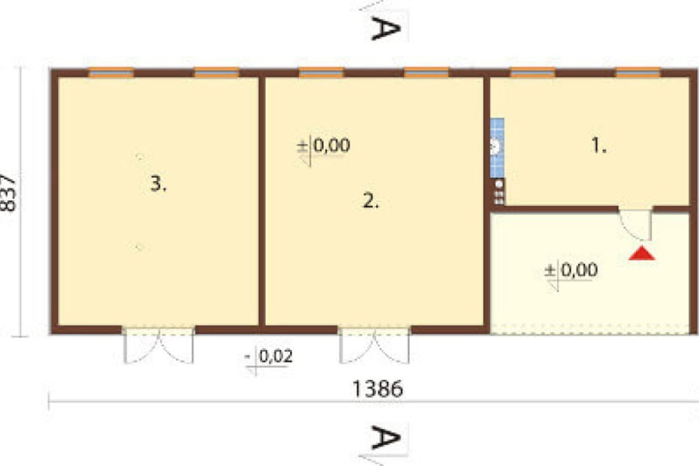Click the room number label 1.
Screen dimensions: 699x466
pos(598,146)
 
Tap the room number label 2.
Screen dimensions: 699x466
pos(370,202)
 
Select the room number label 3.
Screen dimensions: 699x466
pos(158,183)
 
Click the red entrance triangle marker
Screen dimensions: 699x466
pos(642,253)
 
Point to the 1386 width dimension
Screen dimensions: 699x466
pos(377,388)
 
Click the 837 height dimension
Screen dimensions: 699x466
pos(8,192)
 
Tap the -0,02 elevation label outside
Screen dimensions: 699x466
pos(269,357)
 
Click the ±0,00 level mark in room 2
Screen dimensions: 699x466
pos(324,146)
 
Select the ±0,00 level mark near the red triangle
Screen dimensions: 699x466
pos(571,270)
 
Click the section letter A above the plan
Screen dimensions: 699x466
pos(386,29)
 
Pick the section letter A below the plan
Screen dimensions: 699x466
pos(386,437)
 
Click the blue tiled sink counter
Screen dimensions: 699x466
pos(497,148)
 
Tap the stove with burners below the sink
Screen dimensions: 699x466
pos(499,192)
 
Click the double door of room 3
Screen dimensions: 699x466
pos(158,345)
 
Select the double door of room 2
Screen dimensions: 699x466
pos(375,345)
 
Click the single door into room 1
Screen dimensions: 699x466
pos(635,224)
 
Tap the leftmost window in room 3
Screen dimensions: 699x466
pos(111,73)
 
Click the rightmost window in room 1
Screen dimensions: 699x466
pos(638,73)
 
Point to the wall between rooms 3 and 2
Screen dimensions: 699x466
pos(261,202)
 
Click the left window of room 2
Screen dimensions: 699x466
pos(321,73)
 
